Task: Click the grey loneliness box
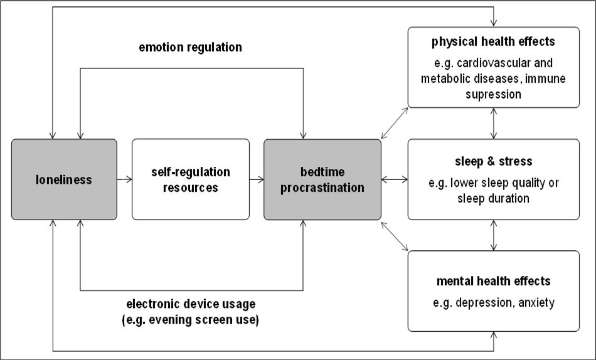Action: [x=64, y=179]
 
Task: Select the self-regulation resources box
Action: [x=191, y=179]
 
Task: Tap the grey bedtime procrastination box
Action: [x=322, y=179]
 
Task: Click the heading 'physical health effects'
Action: [x=494, y=43]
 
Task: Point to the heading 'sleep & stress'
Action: [x=494, y=161]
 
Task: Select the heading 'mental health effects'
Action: [x=494, y=280]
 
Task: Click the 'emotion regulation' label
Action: [x=190, y=47]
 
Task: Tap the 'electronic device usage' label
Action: [x=190, y=305]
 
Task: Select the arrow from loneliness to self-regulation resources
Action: [x=124, y=179]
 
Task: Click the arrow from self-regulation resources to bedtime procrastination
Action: [x=256, y=179]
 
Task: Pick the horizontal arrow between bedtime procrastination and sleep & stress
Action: [x=394, y=179]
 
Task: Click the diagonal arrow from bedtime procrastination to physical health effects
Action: [x=394, y=122]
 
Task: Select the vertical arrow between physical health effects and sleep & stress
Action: [x=495, y=124]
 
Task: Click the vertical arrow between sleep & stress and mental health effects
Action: [x=495, y=235]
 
